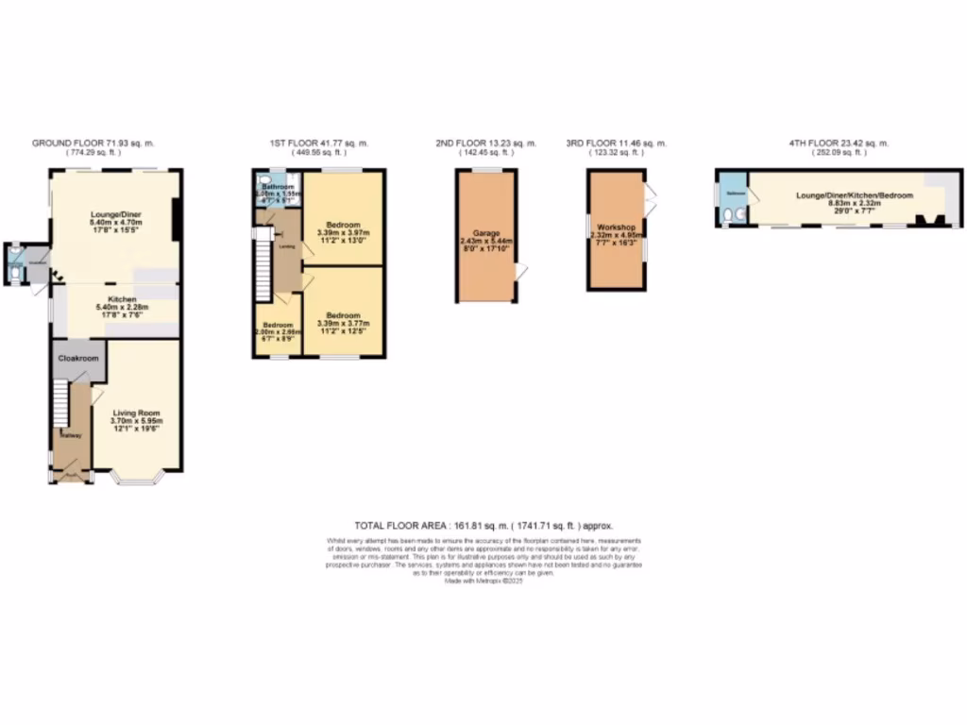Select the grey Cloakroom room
pos(78,360)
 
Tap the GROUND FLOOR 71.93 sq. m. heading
pos(93,143)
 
